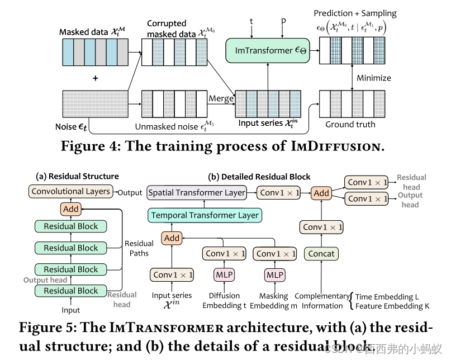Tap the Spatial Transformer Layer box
coord(197,193)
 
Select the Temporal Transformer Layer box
coord(205,215)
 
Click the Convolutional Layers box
coord(71,191)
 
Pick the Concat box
coord(321,253)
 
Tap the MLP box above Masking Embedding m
coord(274,275)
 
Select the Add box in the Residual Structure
coord(71,209)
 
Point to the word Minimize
coord(374,78)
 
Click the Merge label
coord(221,99)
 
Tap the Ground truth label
coord(350,124)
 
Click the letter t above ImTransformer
coord(251,21)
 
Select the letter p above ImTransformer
coord(283,21)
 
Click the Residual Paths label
coord(139,248)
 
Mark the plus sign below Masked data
coord(95,78)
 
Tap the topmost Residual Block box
coord(71,226)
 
